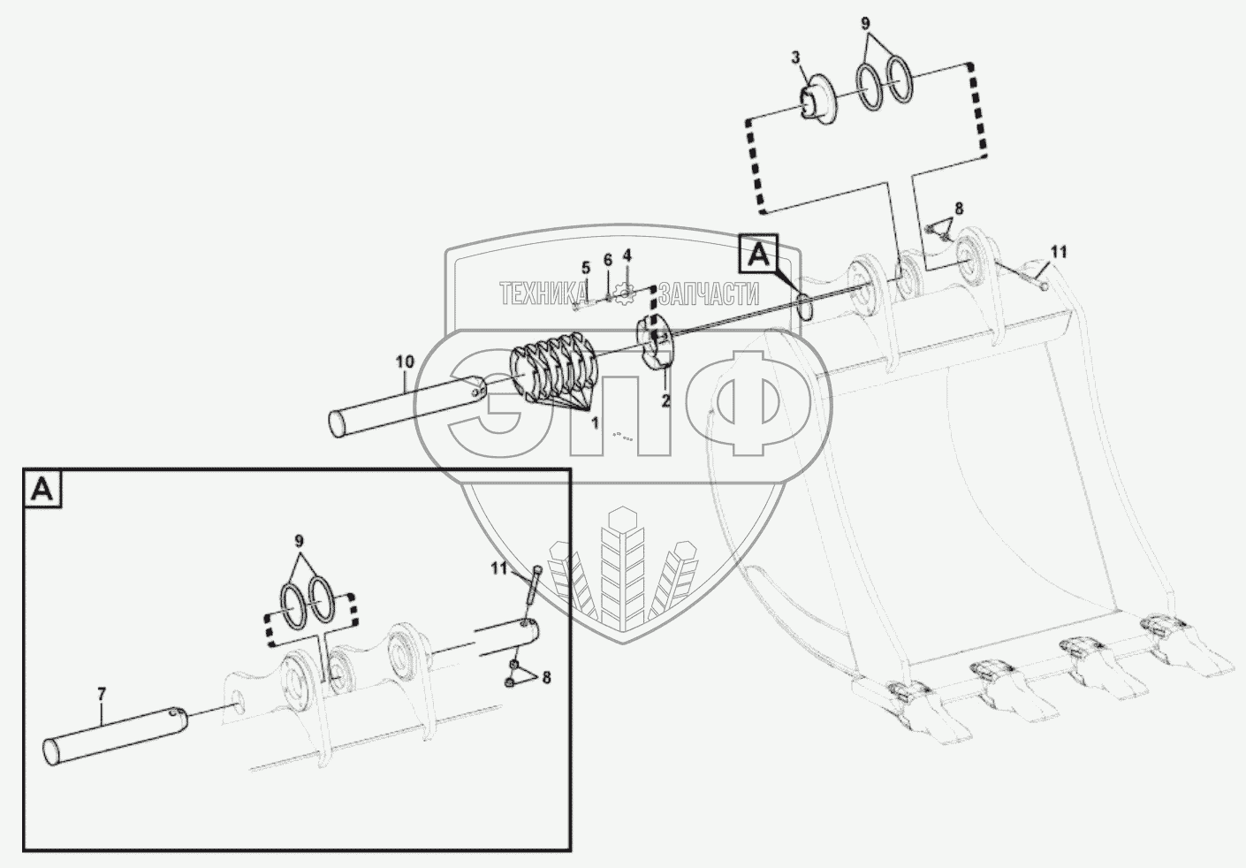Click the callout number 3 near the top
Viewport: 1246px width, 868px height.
(x=795, y=57)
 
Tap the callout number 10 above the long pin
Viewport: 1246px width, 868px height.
(x=404, y=361)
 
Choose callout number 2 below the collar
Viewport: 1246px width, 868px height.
(x=665, y=400)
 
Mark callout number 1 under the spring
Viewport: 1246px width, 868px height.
(x=595, y=423)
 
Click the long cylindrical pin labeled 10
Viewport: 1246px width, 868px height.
(x=406, y=407)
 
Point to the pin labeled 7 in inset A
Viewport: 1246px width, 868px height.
(x=115, y=734)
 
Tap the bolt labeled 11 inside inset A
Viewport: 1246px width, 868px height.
(x=534, y=588)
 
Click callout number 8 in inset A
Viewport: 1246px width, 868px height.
(x=545, y=678)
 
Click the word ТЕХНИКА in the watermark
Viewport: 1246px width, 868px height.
(x=543, y=293)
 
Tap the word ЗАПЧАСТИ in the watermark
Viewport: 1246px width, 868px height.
(x=710, y=293)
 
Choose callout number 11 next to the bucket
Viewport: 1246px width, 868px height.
(x=1059, y=252)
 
